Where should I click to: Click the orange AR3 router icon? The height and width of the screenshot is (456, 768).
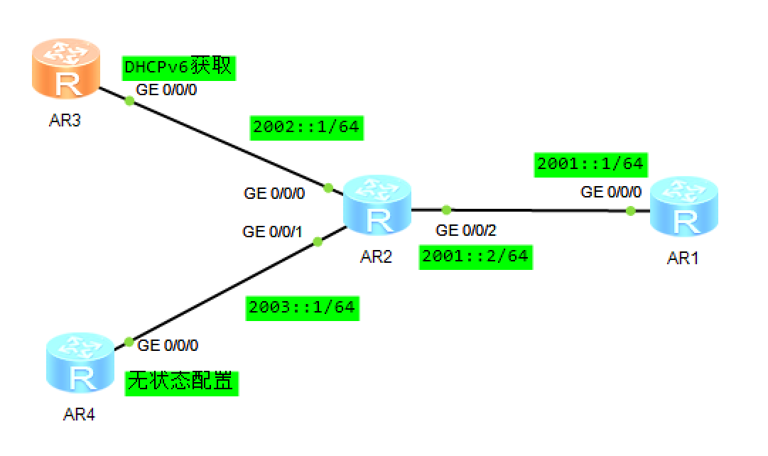click(x=67, y=69)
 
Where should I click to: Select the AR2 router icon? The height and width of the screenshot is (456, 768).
click(x=377, y=205)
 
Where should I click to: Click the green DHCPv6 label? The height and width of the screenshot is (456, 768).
click(x=178, y=68)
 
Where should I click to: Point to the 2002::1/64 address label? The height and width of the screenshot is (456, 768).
click(x=306, y=128)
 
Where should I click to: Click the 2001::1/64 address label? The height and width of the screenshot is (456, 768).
click(x=590, y=164)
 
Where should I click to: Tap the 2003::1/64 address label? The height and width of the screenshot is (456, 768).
click(x=302, y=308)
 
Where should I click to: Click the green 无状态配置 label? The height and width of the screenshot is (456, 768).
click(x=180, y=382)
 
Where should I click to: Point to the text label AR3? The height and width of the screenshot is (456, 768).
click(x=65, y=121)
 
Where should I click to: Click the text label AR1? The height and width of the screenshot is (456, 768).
click(x=683, y=259)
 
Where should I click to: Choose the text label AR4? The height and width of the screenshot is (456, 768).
click(x=79, y=416)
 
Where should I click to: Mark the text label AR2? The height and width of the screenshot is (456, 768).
click(x=377, y=257)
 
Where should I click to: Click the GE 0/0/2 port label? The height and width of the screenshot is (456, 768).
click(x=467, y=231)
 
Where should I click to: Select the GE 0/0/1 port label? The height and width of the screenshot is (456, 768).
click(x=273, y=232)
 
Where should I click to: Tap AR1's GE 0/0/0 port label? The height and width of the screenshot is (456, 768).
click(x=611, y=192)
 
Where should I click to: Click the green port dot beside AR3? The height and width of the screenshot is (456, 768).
click(x=129, y=100)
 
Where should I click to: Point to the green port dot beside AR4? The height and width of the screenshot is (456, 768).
click(x=129, y=342)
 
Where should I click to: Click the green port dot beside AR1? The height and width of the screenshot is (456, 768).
click(x=630, y=210)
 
